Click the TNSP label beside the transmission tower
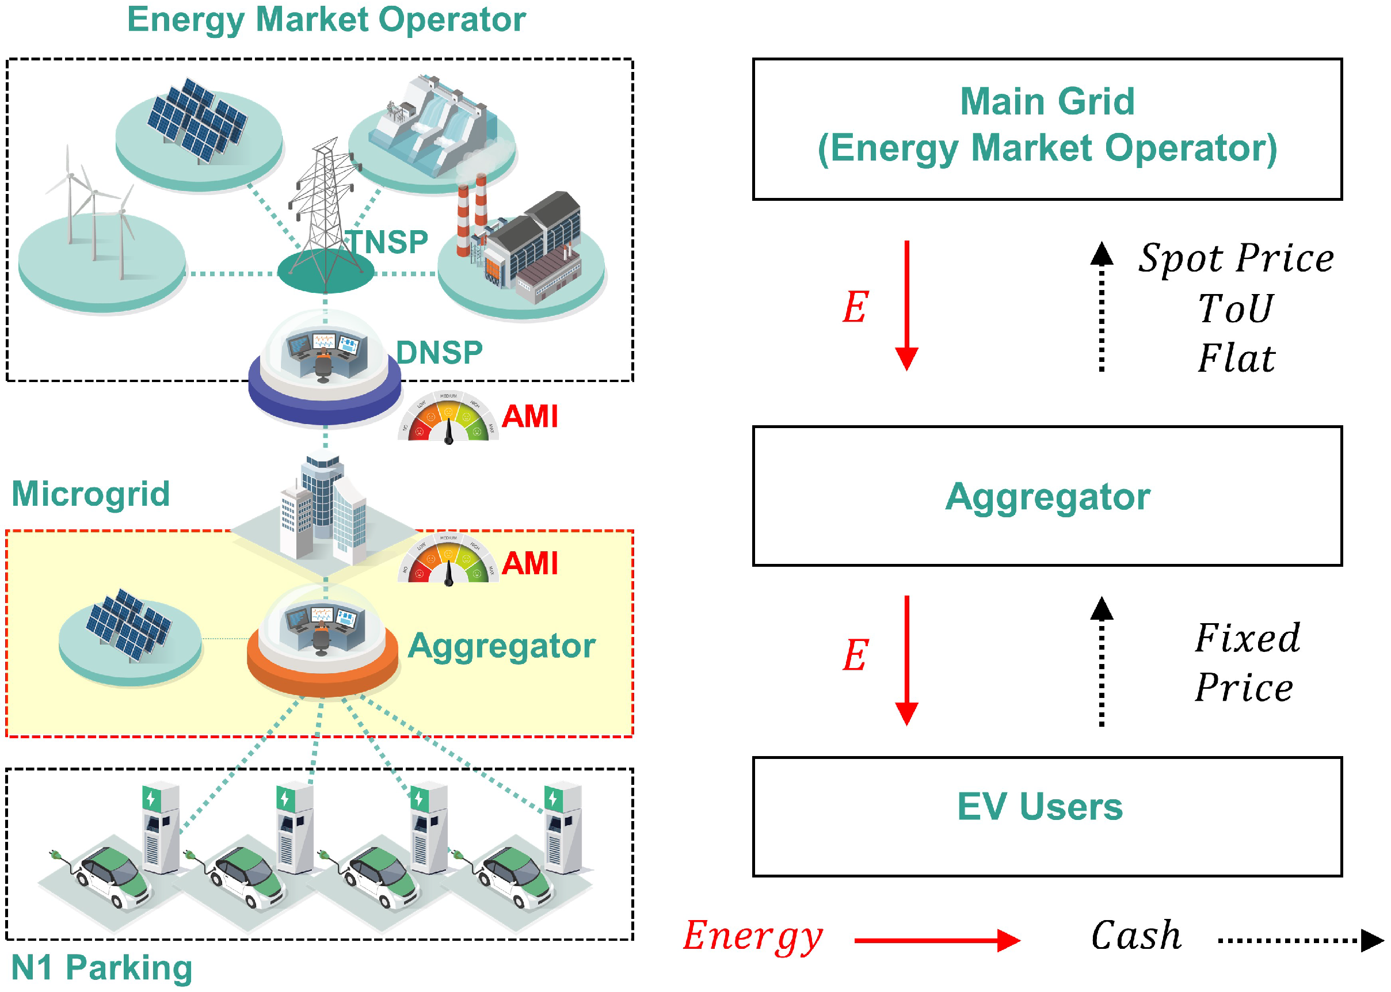tap(387, 242)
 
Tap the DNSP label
tap(439, 353)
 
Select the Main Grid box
tap(1046, 129)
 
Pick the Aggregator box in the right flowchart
tap(1046, 495)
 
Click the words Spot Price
tap(1235, 258)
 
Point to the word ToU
tap(1235, 308)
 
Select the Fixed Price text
tap(1246, 663)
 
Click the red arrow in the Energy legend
tap(936, 940)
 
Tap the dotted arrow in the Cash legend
tap(1300, 940)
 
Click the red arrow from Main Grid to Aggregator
tap(906, 306)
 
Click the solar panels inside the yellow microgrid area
tap(128, 624)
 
